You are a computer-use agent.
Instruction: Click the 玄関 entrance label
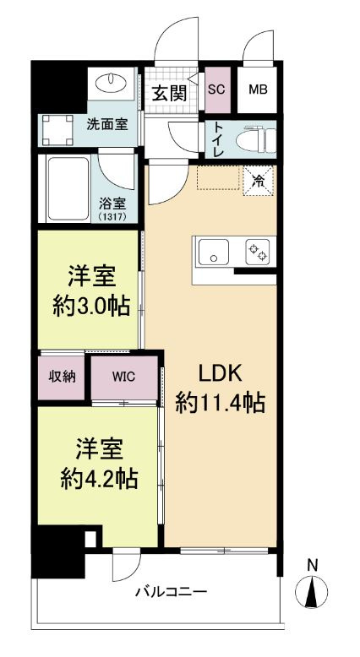(x=168, y=94)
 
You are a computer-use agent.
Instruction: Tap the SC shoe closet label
(x=216, y=90)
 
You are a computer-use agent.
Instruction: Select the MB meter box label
(x=258, y=90)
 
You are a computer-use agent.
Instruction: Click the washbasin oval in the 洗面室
(x=111, y=82)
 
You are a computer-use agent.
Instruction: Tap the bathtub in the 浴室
(x=68, y=188)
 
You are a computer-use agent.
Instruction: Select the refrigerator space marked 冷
(x=259, y=181)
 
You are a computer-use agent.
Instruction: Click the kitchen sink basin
(x=214, y=252)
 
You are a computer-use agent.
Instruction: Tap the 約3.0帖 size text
(x=90, y=307)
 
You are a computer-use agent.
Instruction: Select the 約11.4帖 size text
(x=221, y=404)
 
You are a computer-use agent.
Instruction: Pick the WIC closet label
(x=124, y=376)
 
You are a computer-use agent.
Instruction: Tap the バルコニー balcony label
(x=172, y=593)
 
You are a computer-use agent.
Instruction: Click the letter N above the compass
(x=312, y=565)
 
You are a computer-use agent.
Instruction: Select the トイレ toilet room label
(x=218, y=139)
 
